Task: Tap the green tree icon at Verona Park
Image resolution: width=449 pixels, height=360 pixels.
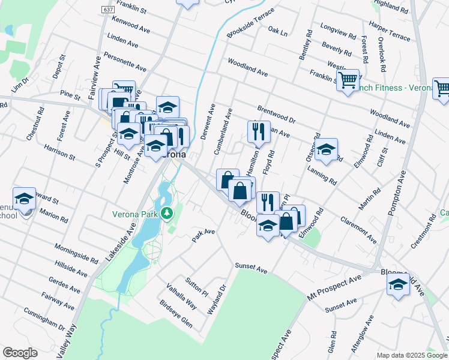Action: coord(169,212)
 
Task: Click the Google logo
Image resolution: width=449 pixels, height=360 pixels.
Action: coord(20,353)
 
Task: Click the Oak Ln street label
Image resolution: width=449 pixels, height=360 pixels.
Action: coord(278,30)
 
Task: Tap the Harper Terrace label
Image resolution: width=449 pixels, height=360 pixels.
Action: coord(390,32)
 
